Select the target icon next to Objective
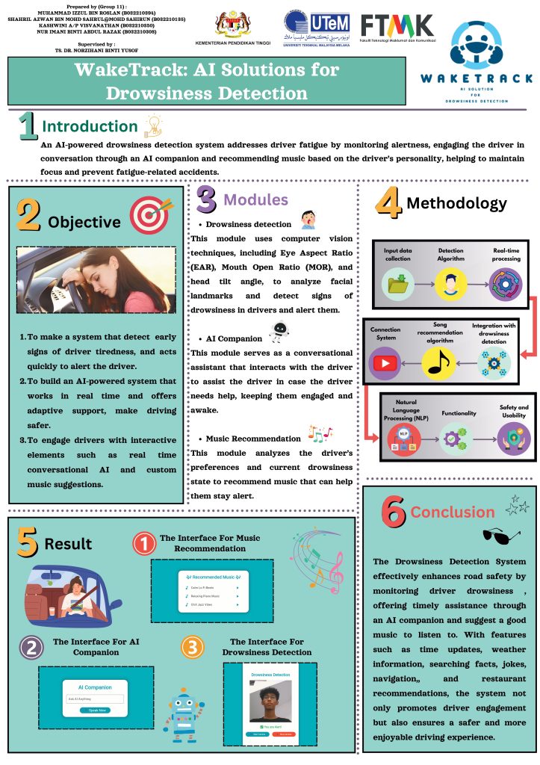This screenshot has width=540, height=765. pyautogui.click(x=149, y=214)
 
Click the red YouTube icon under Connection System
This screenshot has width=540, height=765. pyautogui.click(x=385, y=362)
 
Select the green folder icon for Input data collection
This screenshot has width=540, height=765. pyautogui.click(x=397, y=285)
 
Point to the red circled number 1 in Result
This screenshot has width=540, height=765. pyautogui.click(x=144, y=544)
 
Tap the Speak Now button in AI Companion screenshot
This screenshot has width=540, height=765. pyautogui.click(x=94, y=710)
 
